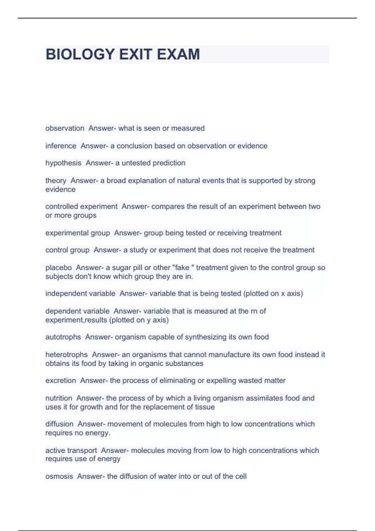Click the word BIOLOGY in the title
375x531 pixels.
pyautogui.click(x=80, y=54)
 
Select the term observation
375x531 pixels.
pyautogui.click(x=65, y=128)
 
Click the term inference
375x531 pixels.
pyautogui.click(x=61, y=146)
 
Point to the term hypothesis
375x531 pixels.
pyautogui.click(x=63, y=163)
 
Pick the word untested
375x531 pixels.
pyautogui.click(x=136, y=163)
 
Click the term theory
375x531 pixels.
pyautogui.click(x=56, y=181)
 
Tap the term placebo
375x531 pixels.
pyautogui.click(x=58, y=268)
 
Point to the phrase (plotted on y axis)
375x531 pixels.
pyautogui.click(x=139, y=320)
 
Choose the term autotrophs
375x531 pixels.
pyautogui.click(x=63, y=337)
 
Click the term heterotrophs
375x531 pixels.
pyautogui.click(x=67, y=355)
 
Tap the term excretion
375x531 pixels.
pyautogui.click(x=61, y=381)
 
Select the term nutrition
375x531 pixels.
pyautogui.click(x=59, y=398)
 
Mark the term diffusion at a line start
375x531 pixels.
pyautogui.click(x=59, y=424)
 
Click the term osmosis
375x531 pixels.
pyautogui.click(x=59, y=477)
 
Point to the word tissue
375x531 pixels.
pyautogui.click(x=204, y=407)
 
